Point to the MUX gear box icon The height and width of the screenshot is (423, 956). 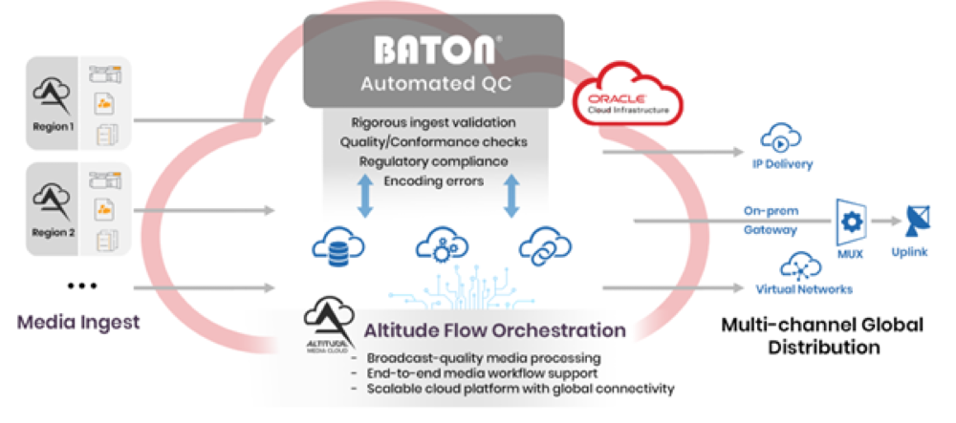(x=850, y=221)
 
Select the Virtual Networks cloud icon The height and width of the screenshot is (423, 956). (x=799, y=265)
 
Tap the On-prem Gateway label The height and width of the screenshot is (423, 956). (x=771, y=221)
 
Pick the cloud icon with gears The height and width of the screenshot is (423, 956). (x=442, y=246)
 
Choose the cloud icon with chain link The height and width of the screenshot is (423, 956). (x=545, y=246)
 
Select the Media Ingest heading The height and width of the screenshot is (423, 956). (x=78, y=322)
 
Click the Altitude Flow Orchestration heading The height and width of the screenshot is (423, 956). (x=495, y=330)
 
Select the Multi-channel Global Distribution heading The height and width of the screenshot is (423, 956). (x=822, y=335)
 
